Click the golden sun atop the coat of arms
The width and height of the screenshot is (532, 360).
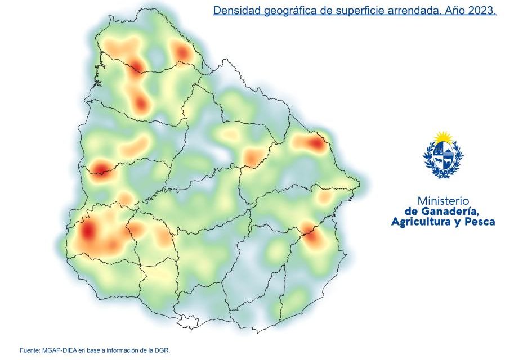[x=444, y=137]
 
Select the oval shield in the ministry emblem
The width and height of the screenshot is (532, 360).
[x=444, y=157]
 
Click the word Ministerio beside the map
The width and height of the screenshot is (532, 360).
[x=443, y=201]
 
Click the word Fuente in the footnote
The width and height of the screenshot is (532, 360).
[x=30, y=350]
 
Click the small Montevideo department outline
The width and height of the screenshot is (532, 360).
[x=187, y=322]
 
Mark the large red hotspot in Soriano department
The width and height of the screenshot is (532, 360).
[x=88, y=231]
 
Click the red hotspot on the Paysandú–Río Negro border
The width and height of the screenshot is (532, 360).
[x=100, y=169]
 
